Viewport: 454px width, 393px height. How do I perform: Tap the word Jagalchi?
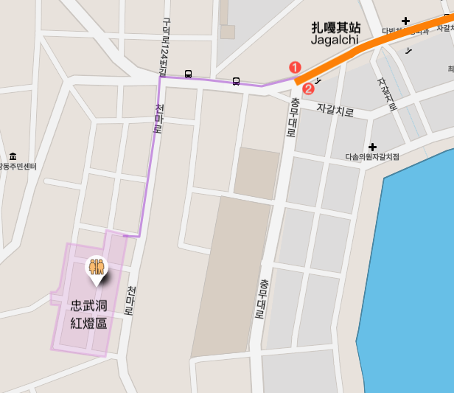(x=335, y=40)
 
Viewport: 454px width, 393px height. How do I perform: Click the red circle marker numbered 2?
(x=309, y=88)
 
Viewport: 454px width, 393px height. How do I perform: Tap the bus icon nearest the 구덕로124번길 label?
(x=189, y=74)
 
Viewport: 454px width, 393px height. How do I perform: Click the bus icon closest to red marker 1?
(x=236, y=80)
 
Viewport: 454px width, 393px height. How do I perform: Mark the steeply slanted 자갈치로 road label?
(x=387, y=94)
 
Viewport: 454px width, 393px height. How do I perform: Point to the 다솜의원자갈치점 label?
(x=372, y=157)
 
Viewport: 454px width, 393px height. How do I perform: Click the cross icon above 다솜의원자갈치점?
(x=373, y=147)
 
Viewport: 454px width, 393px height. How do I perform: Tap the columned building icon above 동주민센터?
(x=13, y=156)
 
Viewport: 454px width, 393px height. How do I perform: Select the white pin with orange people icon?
(x=97, y=268)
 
